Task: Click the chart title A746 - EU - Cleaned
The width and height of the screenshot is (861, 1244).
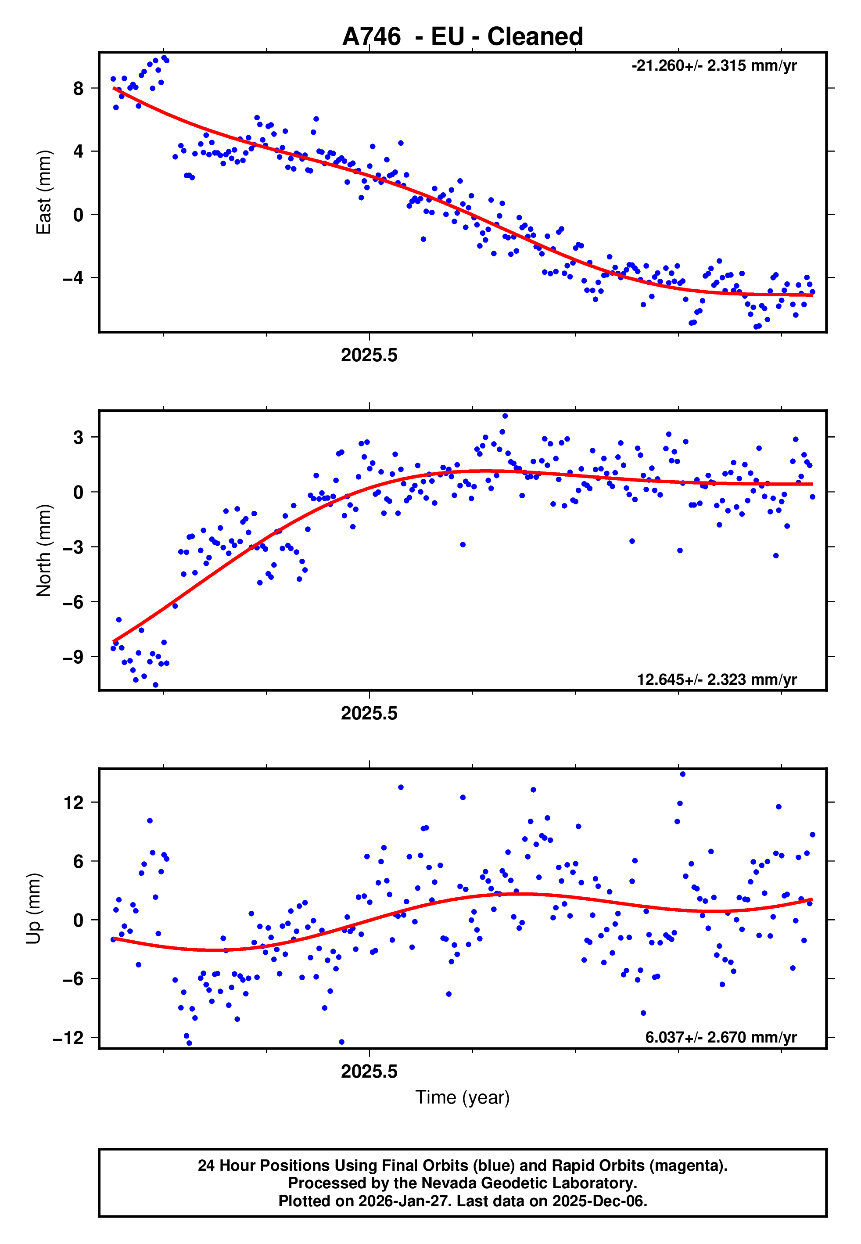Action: point(463,37)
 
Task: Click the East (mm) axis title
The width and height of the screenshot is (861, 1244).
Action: point(43,192)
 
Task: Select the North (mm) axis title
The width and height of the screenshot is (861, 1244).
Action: point(43,550)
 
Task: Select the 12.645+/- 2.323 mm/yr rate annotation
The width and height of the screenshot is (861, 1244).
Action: point(717,679)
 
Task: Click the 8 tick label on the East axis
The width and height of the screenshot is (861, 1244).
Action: point(78,89)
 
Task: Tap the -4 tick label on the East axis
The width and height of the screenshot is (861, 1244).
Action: point(73,278)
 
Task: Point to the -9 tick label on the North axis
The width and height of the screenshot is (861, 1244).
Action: point(73,657)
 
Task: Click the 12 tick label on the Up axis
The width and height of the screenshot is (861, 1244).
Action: point(73,803)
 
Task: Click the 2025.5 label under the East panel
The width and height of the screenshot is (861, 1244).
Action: point(369,356)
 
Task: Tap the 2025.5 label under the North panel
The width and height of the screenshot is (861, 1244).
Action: point(369,713)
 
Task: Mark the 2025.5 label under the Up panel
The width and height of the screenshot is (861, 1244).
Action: point(369,1071)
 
